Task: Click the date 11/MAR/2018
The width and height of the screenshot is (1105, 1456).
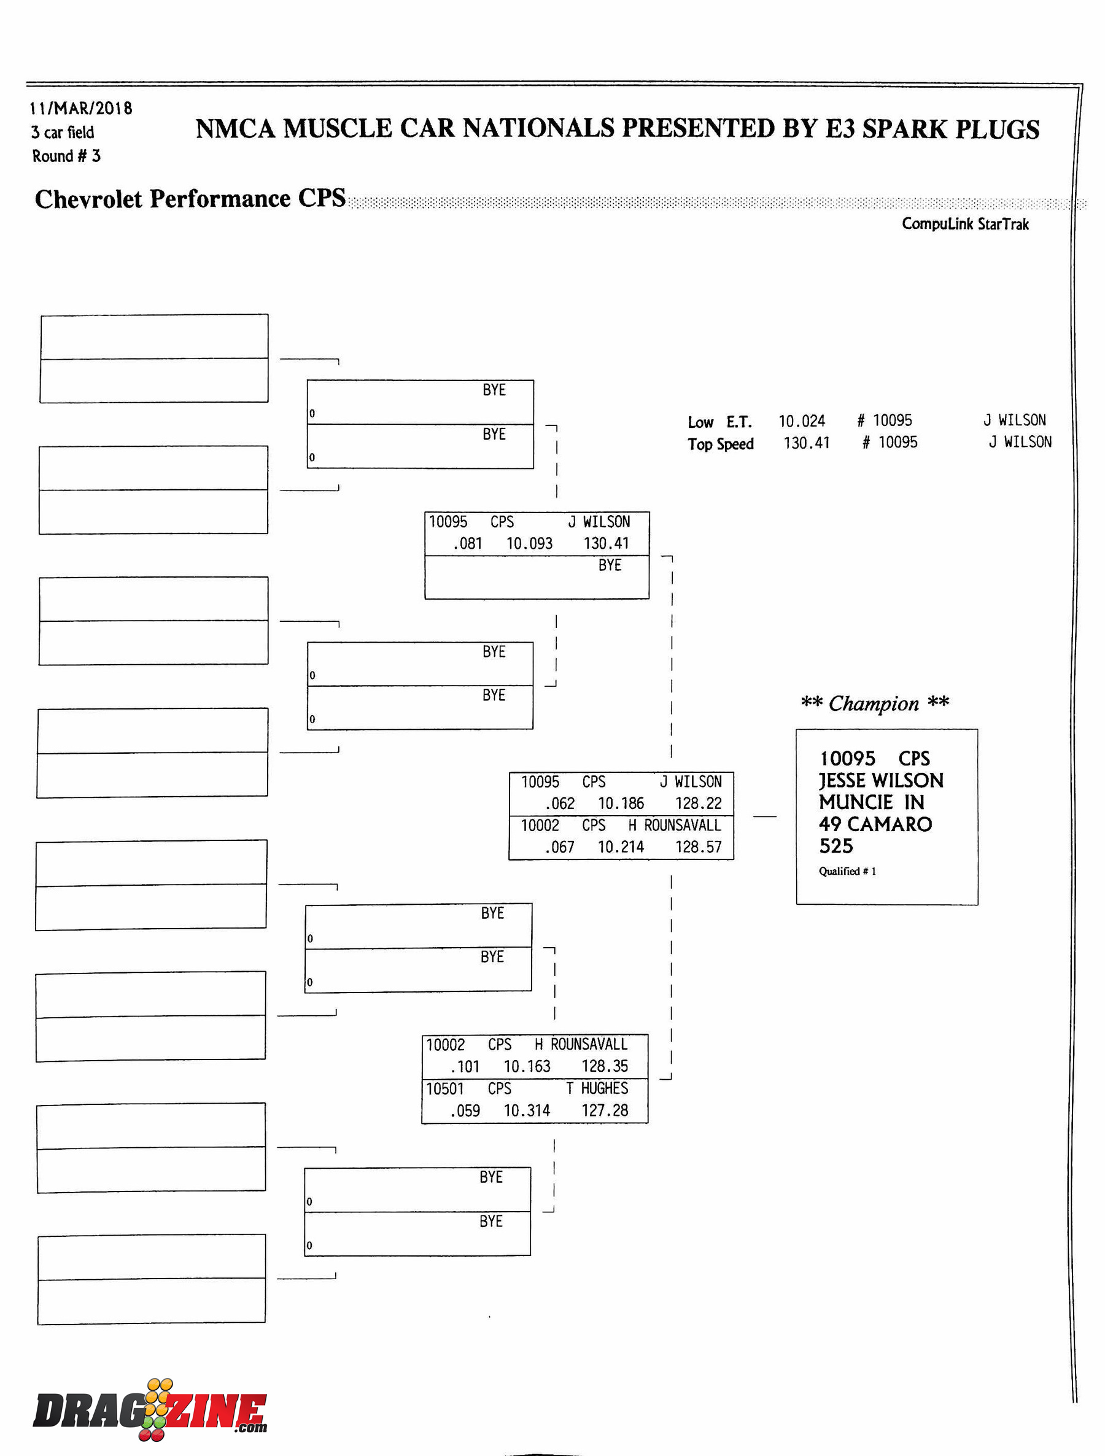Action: [80, 108]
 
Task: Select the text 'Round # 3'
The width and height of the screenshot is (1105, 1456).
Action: [66, 156]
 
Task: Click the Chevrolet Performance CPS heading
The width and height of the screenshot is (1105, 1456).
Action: [190, 198]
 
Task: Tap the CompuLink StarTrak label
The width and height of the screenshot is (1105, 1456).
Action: [965, 224]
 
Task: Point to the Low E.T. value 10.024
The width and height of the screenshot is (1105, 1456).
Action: [802, 421]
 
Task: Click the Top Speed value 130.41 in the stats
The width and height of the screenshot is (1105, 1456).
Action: [806, 443]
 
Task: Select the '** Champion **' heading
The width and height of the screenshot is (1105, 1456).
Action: [875, 703]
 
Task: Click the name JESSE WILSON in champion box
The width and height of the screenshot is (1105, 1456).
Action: [881, 781]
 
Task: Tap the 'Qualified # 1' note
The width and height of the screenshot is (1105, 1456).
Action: [847, 871]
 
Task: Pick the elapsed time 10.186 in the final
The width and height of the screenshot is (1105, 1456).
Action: [621, 803]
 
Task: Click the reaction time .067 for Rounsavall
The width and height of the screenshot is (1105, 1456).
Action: [559, 847]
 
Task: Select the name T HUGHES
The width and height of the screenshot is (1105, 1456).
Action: [597, 1088]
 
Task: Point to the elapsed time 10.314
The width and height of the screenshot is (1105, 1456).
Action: [527, 1111]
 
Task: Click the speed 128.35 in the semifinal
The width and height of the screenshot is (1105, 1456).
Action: [604, 1066]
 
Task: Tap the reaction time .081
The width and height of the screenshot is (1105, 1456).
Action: [467, 544]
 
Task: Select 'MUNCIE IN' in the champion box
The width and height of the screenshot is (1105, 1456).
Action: [871, 802]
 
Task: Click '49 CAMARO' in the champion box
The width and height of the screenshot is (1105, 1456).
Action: [875, 824]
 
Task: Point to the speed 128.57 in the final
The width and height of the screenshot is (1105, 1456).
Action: [698, 847]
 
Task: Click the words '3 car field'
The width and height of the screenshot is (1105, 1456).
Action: [63, 133]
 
